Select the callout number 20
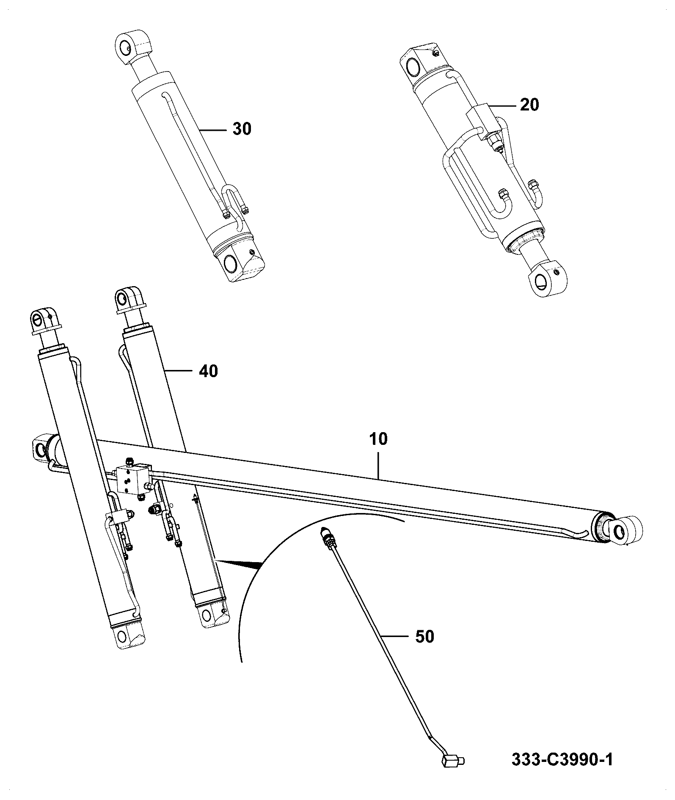(529, 104)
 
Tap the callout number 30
(242, 128)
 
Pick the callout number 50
(425, 648)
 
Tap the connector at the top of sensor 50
(328, 538)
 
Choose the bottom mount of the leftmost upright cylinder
(127, 635)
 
